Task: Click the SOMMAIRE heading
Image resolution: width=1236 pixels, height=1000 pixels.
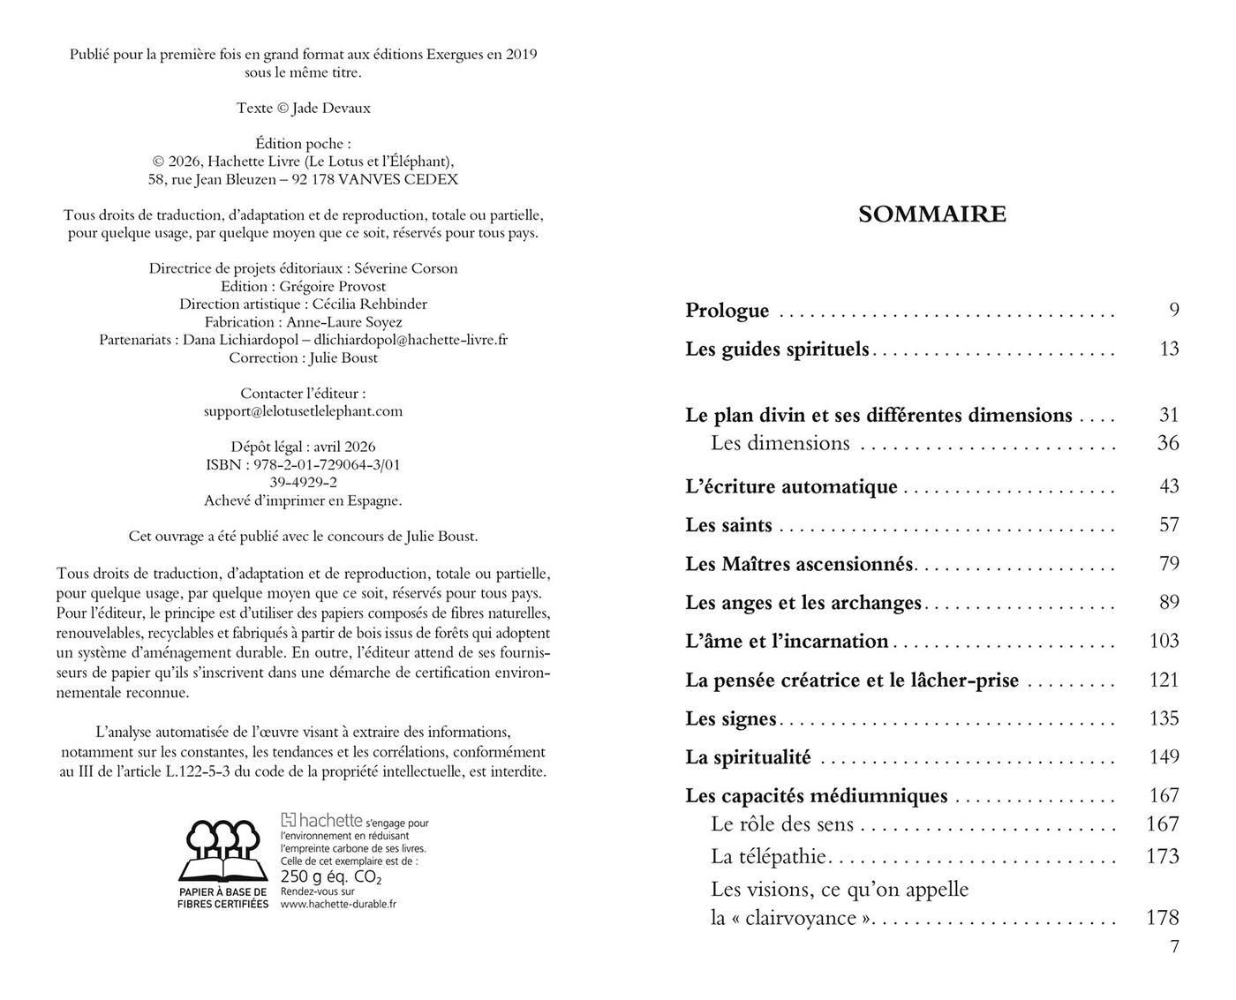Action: (x=931, y=214)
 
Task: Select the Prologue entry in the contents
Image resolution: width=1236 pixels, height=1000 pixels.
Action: (x=727, y=311)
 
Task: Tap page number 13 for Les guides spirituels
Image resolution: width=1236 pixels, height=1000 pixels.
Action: (x=1168, y=349)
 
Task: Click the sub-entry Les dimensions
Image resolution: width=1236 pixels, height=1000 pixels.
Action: (x=780, y=443)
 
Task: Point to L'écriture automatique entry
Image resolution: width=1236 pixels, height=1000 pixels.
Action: (x=791, y=486)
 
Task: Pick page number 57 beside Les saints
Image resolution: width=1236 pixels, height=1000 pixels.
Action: (x=1168, y=525)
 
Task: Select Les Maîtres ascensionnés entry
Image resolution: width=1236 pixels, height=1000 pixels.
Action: (x=799, y=564)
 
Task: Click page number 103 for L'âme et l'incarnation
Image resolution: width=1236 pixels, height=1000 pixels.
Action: (x=1164, y=641)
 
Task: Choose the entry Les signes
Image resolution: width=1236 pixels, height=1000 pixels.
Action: (x=730, y=718)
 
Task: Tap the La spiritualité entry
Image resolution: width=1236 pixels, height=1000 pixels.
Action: (x=748, y=757)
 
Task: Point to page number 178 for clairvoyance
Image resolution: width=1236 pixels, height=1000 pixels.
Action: (x=1162, y=918)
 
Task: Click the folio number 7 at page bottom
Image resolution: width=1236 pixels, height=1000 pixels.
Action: (x=1174, y=947)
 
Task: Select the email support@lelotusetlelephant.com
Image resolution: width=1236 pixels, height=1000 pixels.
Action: (x=303, y=411)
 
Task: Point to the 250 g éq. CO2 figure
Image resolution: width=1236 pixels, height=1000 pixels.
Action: (x=330, y=877)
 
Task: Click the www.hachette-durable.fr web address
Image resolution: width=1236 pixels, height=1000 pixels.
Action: (x=338, y=904)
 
